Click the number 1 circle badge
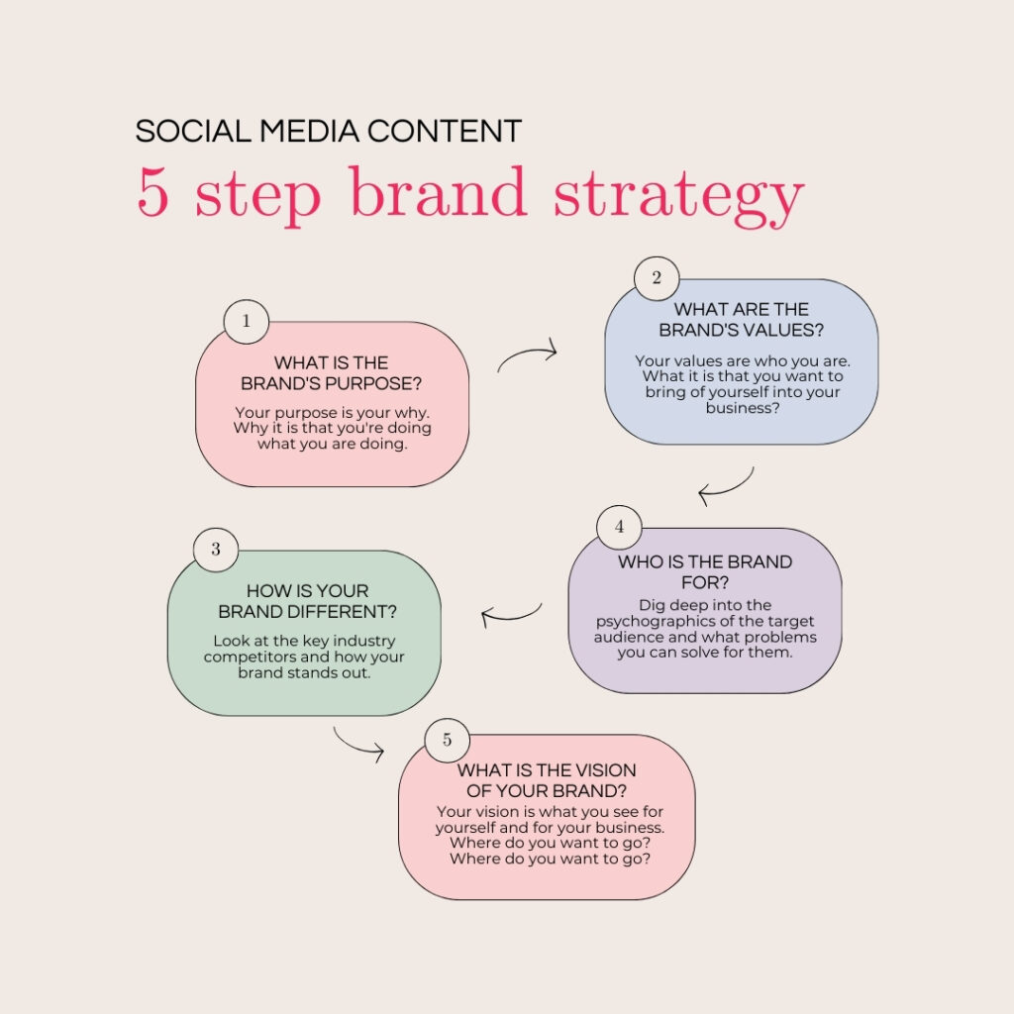247,321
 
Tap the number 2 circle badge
657,278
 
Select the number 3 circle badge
216,549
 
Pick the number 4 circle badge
620,527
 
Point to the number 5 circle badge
447,741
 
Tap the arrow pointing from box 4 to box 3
511,615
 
